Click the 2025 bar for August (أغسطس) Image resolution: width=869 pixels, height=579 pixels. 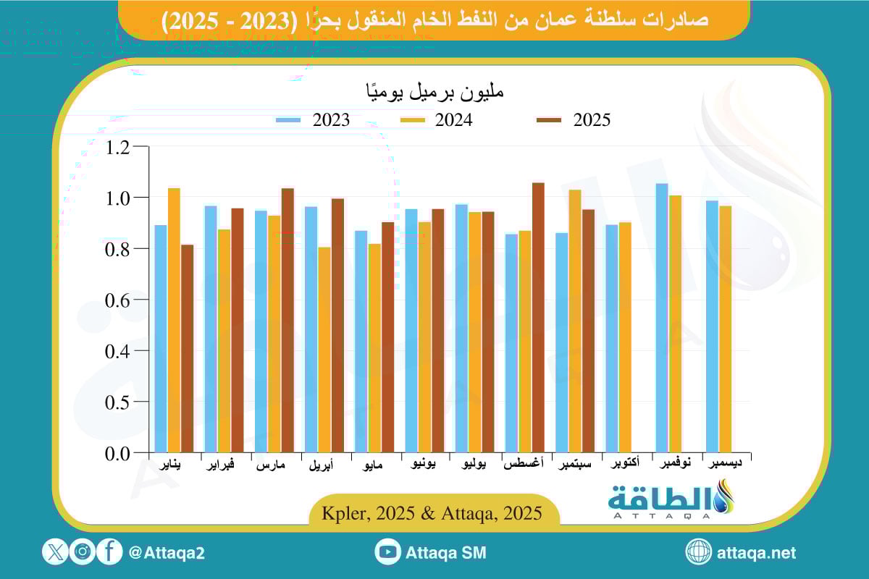click(538, 318)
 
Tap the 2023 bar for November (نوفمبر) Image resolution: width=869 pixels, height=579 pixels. click(662, 318)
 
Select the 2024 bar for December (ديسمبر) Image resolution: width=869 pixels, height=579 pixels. click(725, 329)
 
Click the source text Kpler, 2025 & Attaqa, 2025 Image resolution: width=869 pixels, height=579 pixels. click(434, 514)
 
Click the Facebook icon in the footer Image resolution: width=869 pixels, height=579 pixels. click(109, 552)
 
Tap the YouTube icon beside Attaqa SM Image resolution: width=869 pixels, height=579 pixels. click(388, 552)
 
